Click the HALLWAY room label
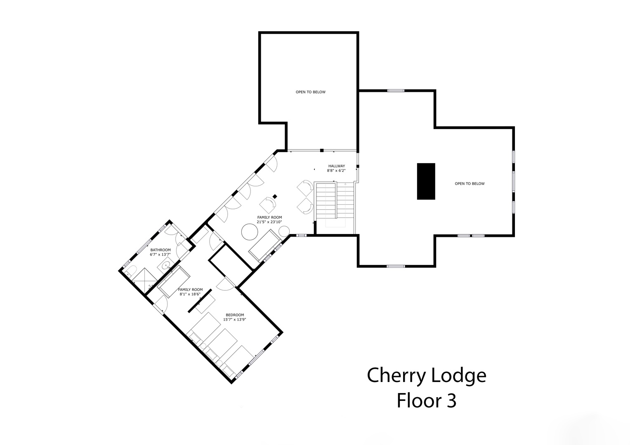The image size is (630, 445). [x=336, y=166]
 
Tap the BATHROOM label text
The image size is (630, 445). [x=160, y=250]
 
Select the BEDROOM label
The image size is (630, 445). [x=235, y=315]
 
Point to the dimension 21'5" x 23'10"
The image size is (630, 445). [x=269, y=222]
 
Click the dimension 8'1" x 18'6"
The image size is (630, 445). [x=190, y=294]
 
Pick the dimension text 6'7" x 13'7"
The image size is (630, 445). [x=160, y=255]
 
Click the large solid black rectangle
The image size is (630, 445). [x=426, y=181]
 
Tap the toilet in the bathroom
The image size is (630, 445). [x=131, y=271]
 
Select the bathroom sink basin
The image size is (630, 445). [x=167, y=265]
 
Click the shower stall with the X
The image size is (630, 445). [x=145, y=279]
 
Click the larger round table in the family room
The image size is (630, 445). [x=250, y=232]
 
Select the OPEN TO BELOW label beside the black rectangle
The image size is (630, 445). [x=470, y=184]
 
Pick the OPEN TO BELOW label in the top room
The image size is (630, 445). [x=311, y=92]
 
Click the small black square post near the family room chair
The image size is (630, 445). [x=275, y=197]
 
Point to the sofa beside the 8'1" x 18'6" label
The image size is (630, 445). [x=174, y=281]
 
